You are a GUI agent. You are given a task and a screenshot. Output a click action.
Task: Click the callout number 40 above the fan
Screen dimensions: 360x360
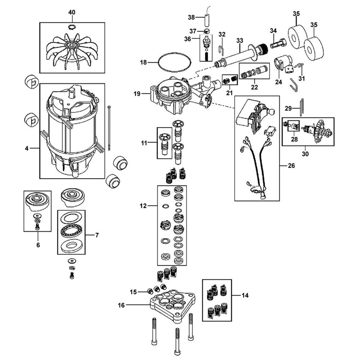[x=72, y=12]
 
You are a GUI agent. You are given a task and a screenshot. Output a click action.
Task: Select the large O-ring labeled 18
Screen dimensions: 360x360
[x=175, y=62]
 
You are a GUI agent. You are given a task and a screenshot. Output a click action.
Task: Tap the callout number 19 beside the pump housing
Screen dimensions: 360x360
[x=137, y=94]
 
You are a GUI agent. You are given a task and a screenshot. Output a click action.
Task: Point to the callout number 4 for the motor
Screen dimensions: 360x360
[x=27, y=149]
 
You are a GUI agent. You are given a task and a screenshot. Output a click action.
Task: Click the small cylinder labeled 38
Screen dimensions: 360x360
[x=207, y=21]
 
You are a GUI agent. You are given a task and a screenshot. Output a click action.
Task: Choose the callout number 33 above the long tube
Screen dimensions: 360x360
[x=239, y=41]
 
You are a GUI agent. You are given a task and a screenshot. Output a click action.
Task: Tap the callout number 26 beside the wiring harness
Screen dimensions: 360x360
[x=291, y=165]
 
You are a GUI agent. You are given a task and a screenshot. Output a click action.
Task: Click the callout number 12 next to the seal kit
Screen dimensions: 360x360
[x=143, y=206]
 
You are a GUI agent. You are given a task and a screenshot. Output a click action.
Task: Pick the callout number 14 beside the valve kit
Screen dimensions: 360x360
[x=245, y=295]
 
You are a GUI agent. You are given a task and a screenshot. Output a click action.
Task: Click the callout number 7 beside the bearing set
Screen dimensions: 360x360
[x=97, y=235]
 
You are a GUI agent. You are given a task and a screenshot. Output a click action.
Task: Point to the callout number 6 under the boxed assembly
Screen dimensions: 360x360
[x=38, y=245]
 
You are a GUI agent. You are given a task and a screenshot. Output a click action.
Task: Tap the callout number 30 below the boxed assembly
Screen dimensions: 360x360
[x=305, y=154]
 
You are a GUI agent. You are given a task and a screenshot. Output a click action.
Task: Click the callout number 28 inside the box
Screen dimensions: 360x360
[x=294, y=139]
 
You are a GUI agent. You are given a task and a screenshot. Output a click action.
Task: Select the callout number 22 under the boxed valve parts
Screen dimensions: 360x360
[x=255, y=87]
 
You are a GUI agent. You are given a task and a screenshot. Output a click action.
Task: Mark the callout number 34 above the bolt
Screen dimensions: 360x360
[x=273, y=31]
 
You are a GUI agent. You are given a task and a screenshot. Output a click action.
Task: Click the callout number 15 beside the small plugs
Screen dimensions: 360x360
[x=133, y=292]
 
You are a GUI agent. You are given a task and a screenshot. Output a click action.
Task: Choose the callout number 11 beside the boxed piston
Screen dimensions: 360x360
[x=144, y=143]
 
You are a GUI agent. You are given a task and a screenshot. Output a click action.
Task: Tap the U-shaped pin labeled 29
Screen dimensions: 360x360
[x=302, y=107]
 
